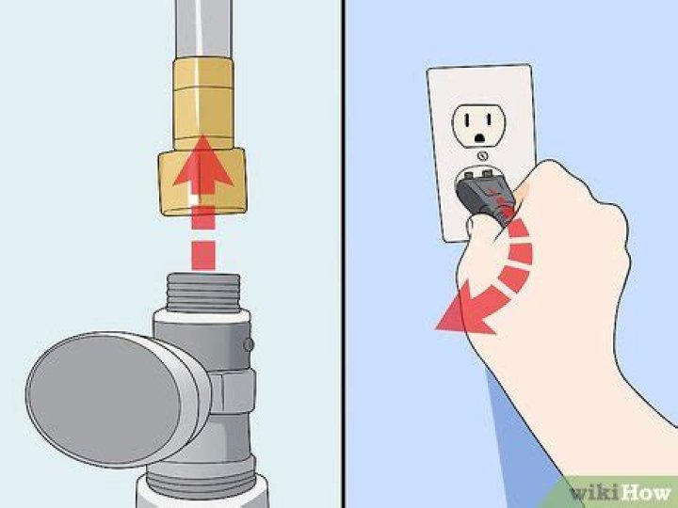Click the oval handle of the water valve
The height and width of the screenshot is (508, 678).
(102, 399)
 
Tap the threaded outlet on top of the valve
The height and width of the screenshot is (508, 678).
(202, 293)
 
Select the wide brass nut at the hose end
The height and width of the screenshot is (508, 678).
(202, 182)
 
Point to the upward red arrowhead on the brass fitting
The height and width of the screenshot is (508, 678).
(202, 161)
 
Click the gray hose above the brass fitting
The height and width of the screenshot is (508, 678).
(203, 28)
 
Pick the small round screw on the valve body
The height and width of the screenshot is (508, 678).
(249, 344)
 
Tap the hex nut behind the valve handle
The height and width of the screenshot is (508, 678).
(233, 391)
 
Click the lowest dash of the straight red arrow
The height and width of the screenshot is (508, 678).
(202, 255)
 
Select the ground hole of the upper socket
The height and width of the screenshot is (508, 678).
(479, 138)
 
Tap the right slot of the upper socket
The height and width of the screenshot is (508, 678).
(489, 119)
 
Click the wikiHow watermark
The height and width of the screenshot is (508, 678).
(620, 492)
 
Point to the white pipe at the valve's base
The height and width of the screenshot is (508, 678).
(202, 492)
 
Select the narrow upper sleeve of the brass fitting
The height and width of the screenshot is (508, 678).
(203, 103)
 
